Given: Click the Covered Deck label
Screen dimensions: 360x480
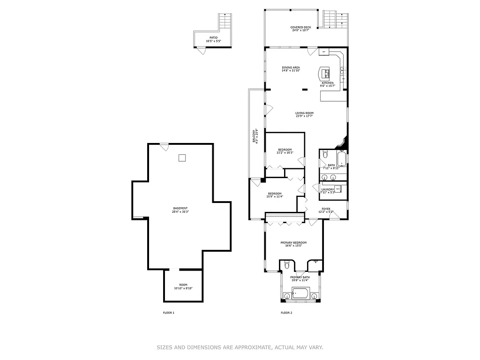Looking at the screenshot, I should [x=300, y=28].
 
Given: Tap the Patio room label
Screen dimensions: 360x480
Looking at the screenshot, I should [x=213, y=38].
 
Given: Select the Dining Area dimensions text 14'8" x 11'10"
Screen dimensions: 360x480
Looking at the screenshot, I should [x=291, y=71].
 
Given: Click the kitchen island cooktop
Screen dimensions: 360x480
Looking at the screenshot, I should [x=324, y=74].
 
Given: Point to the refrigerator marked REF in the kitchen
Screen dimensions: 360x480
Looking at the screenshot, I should [x=324, y=52].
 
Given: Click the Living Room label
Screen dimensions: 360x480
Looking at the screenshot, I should [x=304, y=113].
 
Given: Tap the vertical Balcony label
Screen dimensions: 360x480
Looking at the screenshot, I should [x=254, y=136].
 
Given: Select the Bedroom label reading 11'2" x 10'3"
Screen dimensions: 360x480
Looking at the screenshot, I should [x=285, y=151].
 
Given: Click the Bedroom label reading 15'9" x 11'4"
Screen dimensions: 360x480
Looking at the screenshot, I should [x=275, y=195].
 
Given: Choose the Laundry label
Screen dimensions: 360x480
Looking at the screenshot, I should [x=327, y=189].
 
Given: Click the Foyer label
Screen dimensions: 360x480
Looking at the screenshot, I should [x=326, y=209].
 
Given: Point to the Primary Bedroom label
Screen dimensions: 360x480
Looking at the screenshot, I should [x=293, y=242].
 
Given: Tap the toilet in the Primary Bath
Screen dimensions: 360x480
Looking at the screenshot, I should [x=286, y=266].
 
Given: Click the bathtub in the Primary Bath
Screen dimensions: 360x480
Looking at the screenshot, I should [x=300, y=295].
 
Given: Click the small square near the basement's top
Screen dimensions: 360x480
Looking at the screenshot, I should [x=182, y=157].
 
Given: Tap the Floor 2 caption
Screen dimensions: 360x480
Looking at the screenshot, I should [x=286, y=313].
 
